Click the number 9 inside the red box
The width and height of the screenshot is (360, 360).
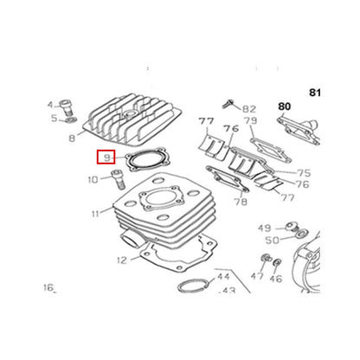pos(107,157)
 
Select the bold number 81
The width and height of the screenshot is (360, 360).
pos(315,93)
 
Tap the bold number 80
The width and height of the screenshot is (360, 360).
pos(284,106)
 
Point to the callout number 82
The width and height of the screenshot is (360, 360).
pos(249,109)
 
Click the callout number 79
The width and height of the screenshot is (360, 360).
pos(250,120)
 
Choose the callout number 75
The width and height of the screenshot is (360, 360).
pos(304,173)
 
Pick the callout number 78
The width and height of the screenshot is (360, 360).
pos(241,202)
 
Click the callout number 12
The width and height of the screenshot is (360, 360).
pos(122,260)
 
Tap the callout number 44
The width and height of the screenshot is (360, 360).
pos(223,277)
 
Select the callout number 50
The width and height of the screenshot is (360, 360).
pos(272,240)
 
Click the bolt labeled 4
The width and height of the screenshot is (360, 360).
pos(65,107)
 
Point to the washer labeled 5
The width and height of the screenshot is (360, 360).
pos(71,119)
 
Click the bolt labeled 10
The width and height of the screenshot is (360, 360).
pos(118,179)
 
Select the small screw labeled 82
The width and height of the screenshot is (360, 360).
pos(228,104)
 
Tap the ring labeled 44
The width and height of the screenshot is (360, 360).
pos(193,286)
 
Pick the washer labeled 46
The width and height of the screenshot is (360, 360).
pos(277,262)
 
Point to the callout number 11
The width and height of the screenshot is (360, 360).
pos(95,214)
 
